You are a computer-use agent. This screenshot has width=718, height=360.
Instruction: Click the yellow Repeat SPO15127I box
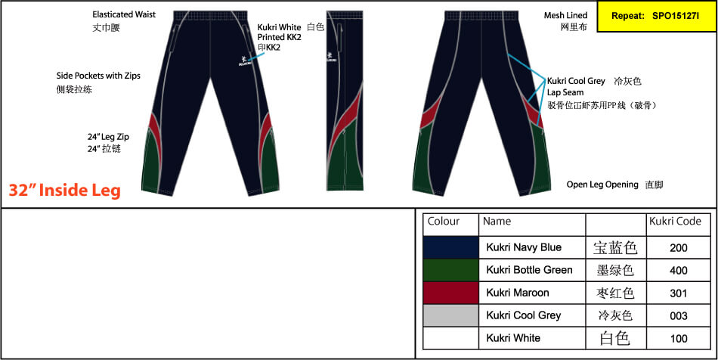(x=655, y=15)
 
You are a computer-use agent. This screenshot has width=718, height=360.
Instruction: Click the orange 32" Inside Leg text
(x=65, y=191)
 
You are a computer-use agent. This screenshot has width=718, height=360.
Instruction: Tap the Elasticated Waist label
(x=125, y=14)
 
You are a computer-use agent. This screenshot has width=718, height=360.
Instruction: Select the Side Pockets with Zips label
(x=98, y=76)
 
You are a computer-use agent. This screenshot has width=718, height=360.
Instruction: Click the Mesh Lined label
(x=565, y=15)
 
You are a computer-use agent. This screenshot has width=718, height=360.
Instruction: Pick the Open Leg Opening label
(x=602, y=184)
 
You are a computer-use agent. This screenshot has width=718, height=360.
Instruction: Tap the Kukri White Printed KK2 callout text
(x=280, y=33)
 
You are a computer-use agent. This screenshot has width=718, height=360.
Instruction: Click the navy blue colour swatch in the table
(x=451, y=247)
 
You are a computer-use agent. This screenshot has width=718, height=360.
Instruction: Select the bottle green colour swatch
(x=451, y=270)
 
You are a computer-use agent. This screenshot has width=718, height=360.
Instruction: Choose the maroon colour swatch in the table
(x=451, y=293)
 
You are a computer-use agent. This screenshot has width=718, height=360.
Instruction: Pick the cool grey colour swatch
(x=451, y=315)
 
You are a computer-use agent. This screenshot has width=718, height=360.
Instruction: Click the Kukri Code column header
(x=675, y=222)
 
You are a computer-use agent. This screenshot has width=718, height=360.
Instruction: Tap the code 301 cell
(x=678, y=293)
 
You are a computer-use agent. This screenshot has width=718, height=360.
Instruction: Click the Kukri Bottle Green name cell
(x=529, y=270)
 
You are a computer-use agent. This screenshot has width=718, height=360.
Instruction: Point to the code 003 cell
(x=678, y=315)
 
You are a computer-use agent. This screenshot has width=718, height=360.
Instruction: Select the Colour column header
(x=444, y=222)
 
